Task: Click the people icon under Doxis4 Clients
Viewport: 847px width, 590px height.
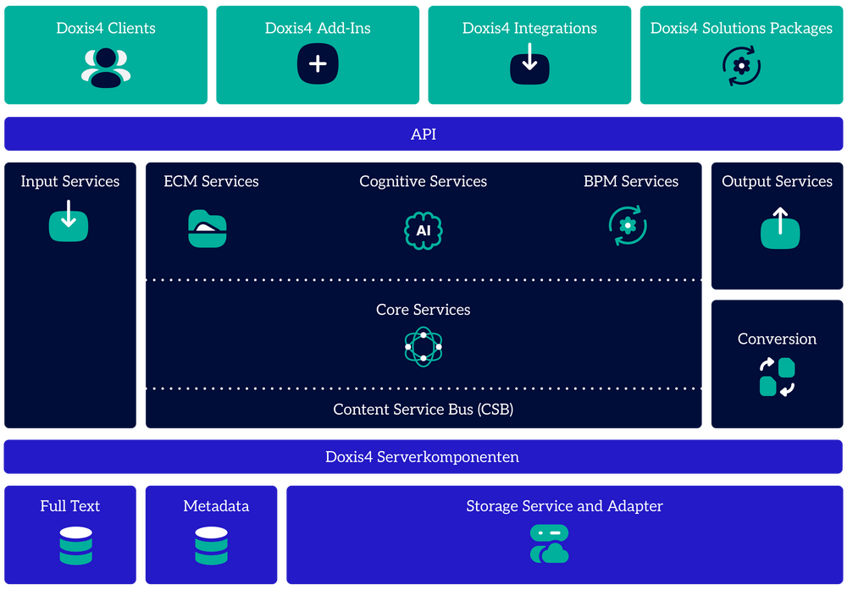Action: tap(106, 67)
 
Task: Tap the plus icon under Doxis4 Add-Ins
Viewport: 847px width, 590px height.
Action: tap(318, 65)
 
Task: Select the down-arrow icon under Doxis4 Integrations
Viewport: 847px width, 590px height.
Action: tap(529, 65)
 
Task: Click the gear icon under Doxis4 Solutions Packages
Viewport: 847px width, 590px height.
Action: tap(741, 65)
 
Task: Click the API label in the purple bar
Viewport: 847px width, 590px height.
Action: tap(423, 135)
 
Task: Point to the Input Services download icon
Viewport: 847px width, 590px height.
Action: tap(69, 222)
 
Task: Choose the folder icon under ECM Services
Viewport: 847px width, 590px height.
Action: tap(208, 228)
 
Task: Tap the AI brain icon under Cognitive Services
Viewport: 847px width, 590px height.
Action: tap(423, 229)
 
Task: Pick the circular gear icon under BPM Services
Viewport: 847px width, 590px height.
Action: tap(628, 226)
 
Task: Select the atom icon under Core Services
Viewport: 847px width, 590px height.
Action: tap(423, 346)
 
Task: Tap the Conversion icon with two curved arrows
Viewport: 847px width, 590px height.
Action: tap(777, 378)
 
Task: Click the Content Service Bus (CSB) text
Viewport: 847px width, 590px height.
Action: tap(423, 410)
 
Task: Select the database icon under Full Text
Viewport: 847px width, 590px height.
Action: tap(76, 546)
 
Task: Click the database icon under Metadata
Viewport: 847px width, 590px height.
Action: tap(211, 546)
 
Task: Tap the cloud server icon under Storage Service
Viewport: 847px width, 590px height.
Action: tap(549, 544)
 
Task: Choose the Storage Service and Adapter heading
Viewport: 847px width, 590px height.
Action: tap(564, 506)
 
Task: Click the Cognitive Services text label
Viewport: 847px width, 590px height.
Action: tap(423, 181)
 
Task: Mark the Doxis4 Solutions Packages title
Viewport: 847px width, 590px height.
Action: tap(741, 28)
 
